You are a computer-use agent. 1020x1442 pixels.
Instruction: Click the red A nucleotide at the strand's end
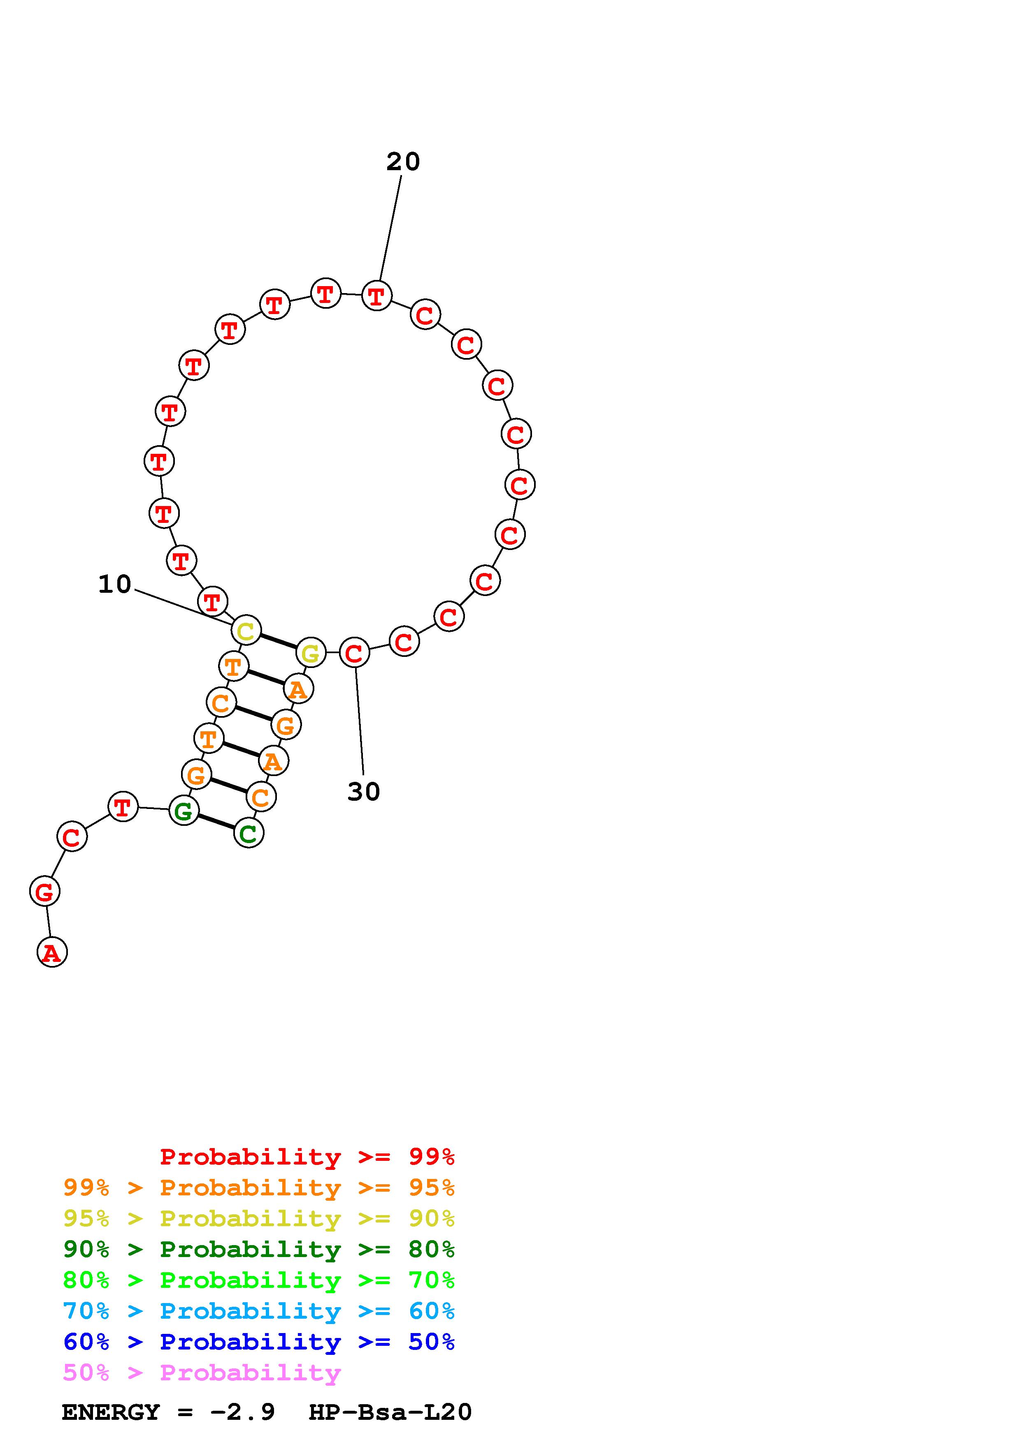point(52,952)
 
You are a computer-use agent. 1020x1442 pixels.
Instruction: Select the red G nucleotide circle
point(44,891)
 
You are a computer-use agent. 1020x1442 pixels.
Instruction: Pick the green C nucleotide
point(249,833)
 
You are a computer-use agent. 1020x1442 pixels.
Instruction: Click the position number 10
point(114,584)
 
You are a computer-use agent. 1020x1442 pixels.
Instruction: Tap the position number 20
point(403,162)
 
